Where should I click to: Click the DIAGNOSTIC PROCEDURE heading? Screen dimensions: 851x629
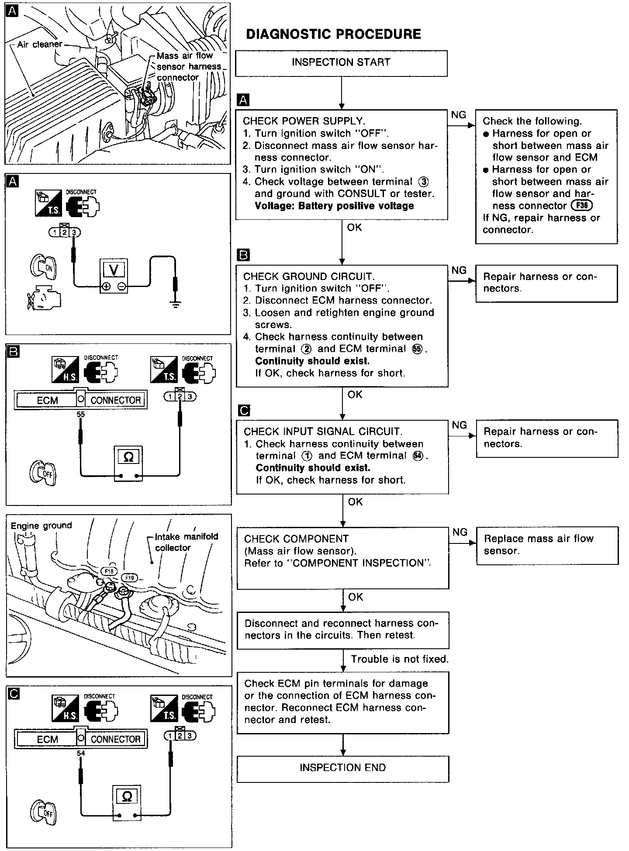(x=333, y=34)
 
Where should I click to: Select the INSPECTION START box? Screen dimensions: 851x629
(x=341, y=62)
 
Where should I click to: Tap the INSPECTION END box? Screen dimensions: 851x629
(x=342, y=768)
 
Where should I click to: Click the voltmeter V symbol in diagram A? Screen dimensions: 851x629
(x=114, y=270)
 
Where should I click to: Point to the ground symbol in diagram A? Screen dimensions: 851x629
(x=175, y=304)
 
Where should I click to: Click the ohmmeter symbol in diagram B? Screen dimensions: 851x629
(x=128, y=457)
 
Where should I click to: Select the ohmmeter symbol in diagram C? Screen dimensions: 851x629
(x=127, y=796)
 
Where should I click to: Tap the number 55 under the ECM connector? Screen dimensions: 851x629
(x=80, y=414)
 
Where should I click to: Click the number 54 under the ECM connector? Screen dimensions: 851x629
(x=80, y=753)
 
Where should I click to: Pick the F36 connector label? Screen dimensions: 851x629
(x=581, y=205)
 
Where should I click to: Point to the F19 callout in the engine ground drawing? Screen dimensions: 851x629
(x=129, y=578)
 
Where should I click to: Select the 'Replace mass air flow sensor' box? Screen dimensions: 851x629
(x=547, y=545)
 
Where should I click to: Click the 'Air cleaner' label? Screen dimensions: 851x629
(x=40, y=45)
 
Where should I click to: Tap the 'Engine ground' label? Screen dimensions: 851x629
(x=41, y=526)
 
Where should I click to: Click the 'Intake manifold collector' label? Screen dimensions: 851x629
(x=187, y=542)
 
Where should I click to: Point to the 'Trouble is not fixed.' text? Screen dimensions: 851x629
(x=400, y=659)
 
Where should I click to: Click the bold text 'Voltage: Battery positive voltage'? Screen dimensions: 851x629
(x=334, y=206)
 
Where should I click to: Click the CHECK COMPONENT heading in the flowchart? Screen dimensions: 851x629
(x=296, y=539)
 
